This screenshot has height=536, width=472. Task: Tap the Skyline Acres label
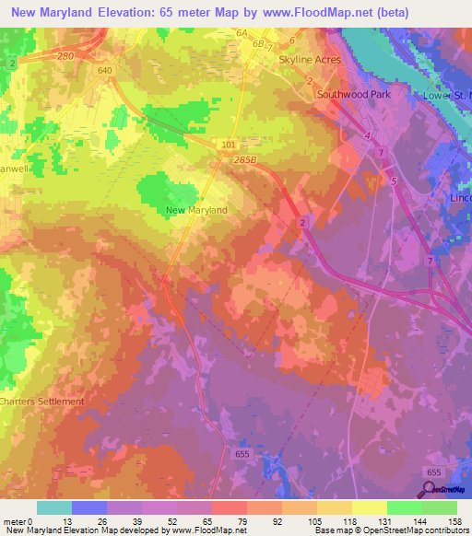coord(310,60)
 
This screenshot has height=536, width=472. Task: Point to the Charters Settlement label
coord(41,402)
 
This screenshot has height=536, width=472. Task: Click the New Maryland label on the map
coord(195,210)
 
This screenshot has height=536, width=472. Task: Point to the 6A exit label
coord(242,33)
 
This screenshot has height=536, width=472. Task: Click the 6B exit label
coord(258,43)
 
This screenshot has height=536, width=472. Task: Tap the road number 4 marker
coord(366,136)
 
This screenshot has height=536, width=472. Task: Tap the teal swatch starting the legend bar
coord(54,507)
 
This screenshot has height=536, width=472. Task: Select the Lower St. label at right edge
coord(446,95)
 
